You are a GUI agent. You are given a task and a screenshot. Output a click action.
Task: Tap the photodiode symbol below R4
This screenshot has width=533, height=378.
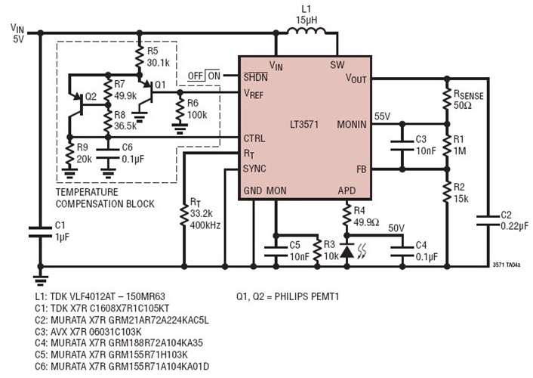[x=346, y=249]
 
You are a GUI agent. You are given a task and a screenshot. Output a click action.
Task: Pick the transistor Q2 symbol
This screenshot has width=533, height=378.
[x=78, y=99]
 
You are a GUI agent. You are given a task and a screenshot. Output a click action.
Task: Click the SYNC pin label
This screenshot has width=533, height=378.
[x=255, y=167]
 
